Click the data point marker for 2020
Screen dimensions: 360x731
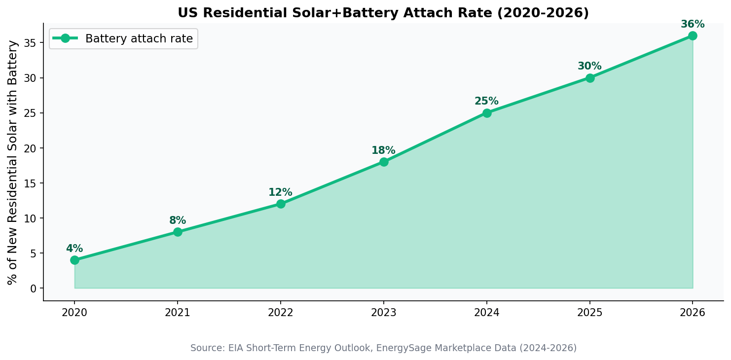[74, 260]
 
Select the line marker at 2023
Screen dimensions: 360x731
[384, 162]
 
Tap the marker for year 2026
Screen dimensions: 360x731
[693, 36]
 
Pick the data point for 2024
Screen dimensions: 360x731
[487, 113]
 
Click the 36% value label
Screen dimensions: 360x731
[693, 24]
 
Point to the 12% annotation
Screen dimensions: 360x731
[280, 192]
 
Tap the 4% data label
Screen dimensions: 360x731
[74, 249]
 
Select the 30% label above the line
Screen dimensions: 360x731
[589, 66]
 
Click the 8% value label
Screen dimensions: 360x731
[178, 220]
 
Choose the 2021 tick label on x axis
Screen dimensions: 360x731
[178, 313]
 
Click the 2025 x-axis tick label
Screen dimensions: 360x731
[589, 313]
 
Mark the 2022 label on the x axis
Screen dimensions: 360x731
[280, 313]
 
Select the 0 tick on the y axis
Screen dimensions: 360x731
[33, 288]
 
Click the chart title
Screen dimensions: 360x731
[383, 13]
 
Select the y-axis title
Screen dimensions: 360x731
[13, 162]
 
